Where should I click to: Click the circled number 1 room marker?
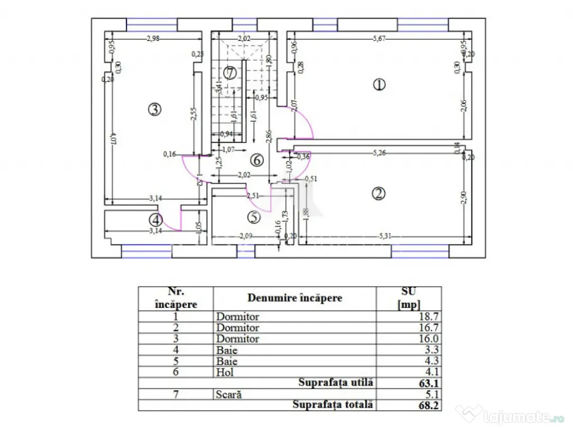click(379, 85)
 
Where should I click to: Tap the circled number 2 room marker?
click(379, 194)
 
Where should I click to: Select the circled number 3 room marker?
click(155, 110)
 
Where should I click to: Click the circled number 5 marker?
click(254, 217)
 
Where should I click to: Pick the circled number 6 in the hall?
click(257, 160)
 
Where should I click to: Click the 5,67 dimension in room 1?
click(381, 39)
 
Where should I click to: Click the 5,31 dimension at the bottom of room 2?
click(384, 236)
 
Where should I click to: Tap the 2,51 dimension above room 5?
click(254, 195)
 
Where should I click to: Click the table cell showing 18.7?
click(429, 316)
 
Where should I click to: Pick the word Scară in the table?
click(229, 394)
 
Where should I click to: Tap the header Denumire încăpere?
click(295, 298)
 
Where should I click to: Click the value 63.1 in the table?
click(429, 383)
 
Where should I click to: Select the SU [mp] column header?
click(409, 298)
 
